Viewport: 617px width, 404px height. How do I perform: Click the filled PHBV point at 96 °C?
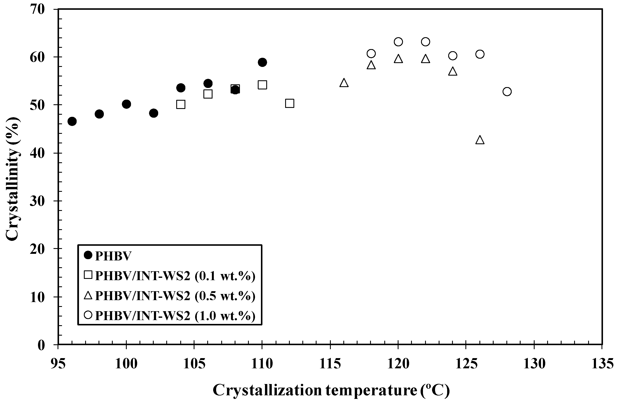pyautogui.click(x=72, y=121)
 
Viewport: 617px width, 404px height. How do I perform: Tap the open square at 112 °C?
pyautogui.click(x=289, y=103)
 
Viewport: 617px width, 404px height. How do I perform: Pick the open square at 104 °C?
pyautogui.click(x=181, y=105)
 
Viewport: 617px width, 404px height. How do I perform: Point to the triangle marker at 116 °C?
pyautogui.click(x=344, y=83)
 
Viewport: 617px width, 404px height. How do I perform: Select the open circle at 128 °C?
pyautogui.click(x=507, y=92)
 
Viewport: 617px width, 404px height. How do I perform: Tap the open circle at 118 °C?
pyautogui.click(x=371, y=53)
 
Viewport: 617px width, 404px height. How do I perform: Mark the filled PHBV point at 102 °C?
pyautogui.click(x=154, y=113)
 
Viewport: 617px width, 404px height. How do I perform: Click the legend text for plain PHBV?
pyautogui.click(x=113, y=256)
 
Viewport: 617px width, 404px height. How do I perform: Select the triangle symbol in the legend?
pyautogui.click(x=88, y=295)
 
